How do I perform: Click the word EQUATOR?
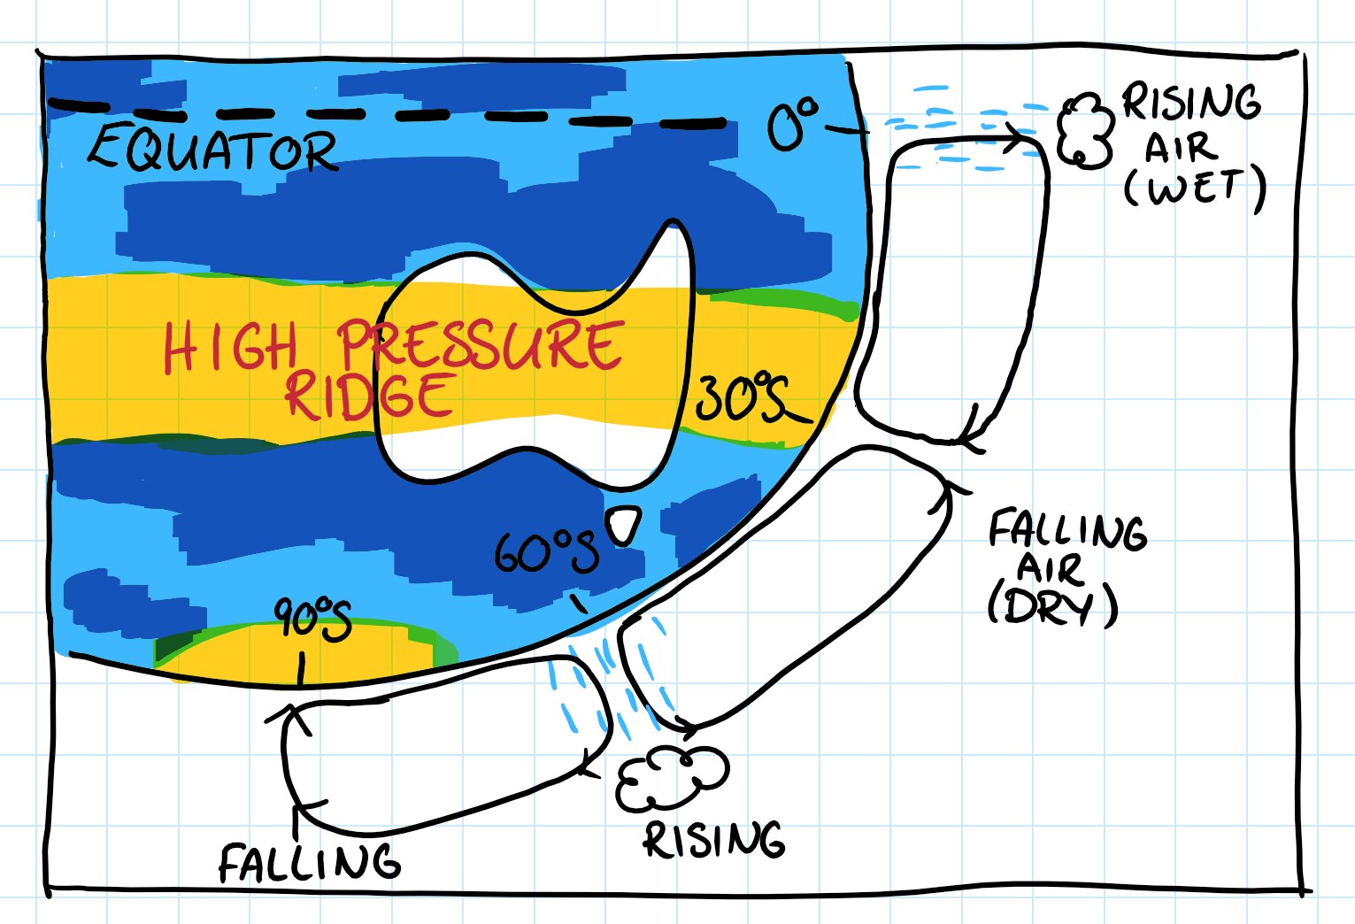pos(212,150)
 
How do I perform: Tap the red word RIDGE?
pos(370,396)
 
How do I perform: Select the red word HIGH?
pos(230,348)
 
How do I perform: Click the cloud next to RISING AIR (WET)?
pos(1085,131)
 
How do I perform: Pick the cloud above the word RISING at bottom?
pos(672,778)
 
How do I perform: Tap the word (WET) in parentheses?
pos(1194,188)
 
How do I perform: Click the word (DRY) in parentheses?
pos(1052,606)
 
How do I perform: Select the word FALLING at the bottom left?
pos(310,862)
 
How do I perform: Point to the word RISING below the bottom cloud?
pos(713,840)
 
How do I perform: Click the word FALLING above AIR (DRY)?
pos(1066,531)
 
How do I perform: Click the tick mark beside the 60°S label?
pos(579,604)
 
